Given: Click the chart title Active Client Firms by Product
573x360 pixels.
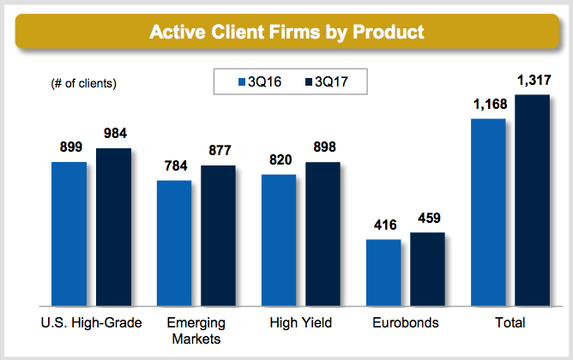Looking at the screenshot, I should (x=286, y=33).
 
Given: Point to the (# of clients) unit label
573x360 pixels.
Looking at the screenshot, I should (x=78, y=83).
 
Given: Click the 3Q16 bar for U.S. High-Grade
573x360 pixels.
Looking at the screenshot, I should (x=69, y=233).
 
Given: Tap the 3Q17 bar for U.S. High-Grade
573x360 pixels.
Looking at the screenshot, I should (x=113, y=227).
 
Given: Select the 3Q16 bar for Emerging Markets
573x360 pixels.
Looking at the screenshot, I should (x=174, y=243).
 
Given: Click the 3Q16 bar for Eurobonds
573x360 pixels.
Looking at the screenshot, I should (x=383, y=273).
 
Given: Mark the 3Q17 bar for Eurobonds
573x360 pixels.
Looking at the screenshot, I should (x=427, y=269).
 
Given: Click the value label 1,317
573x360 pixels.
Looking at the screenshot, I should (x=533, y=81).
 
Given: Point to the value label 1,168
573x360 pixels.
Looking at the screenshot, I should (x=488, y=105).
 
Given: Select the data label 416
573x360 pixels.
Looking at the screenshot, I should (x=383, y=225).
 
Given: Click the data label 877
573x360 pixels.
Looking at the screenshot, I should (x=219, y=151).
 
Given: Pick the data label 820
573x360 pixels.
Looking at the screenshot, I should (x=279, y=160).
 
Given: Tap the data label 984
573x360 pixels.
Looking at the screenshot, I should (x=113, y=135).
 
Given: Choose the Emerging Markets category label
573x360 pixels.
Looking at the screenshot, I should (x=196, y=330).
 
